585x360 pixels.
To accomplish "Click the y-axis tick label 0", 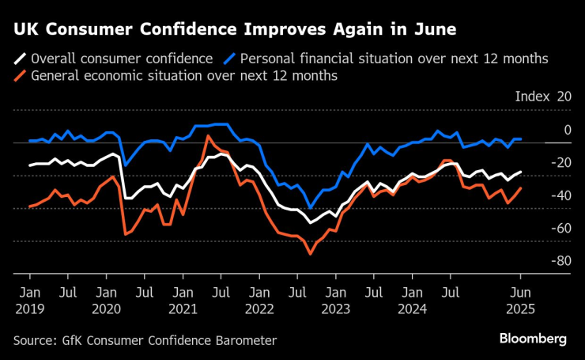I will pos(567,130).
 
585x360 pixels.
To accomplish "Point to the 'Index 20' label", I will pos(542,97).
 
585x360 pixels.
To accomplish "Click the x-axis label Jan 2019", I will pos(29,301).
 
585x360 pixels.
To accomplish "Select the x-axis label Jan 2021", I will pos(183,301).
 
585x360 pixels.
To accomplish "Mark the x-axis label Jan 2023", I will pos(334,301).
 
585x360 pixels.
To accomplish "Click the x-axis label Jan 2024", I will pos(411,301).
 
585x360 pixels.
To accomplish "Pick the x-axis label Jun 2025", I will pos(520,301).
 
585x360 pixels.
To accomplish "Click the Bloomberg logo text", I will pos(533,339).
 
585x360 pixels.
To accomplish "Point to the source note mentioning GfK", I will pos(145,340).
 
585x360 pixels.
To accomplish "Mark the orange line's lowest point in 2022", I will pos(311,253).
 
